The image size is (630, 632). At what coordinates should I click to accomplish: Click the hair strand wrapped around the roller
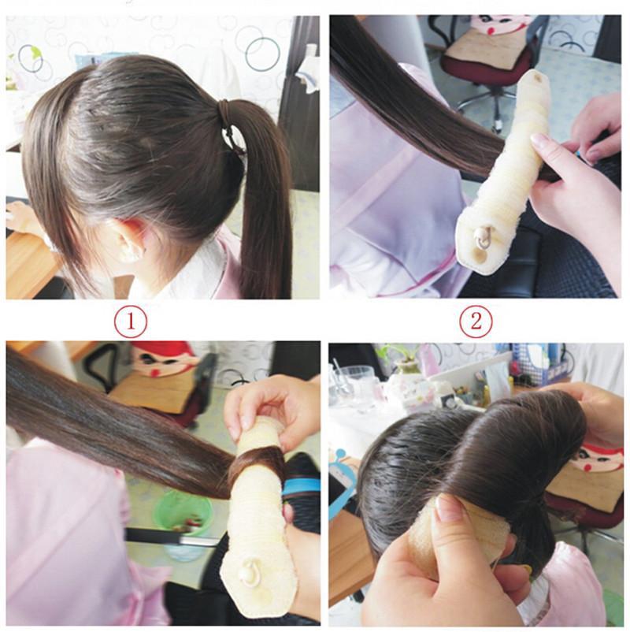pyautogui.click(x=256, y=465)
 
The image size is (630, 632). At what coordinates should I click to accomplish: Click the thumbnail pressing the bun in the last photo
pyautogui.click(x=450, y=509)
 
